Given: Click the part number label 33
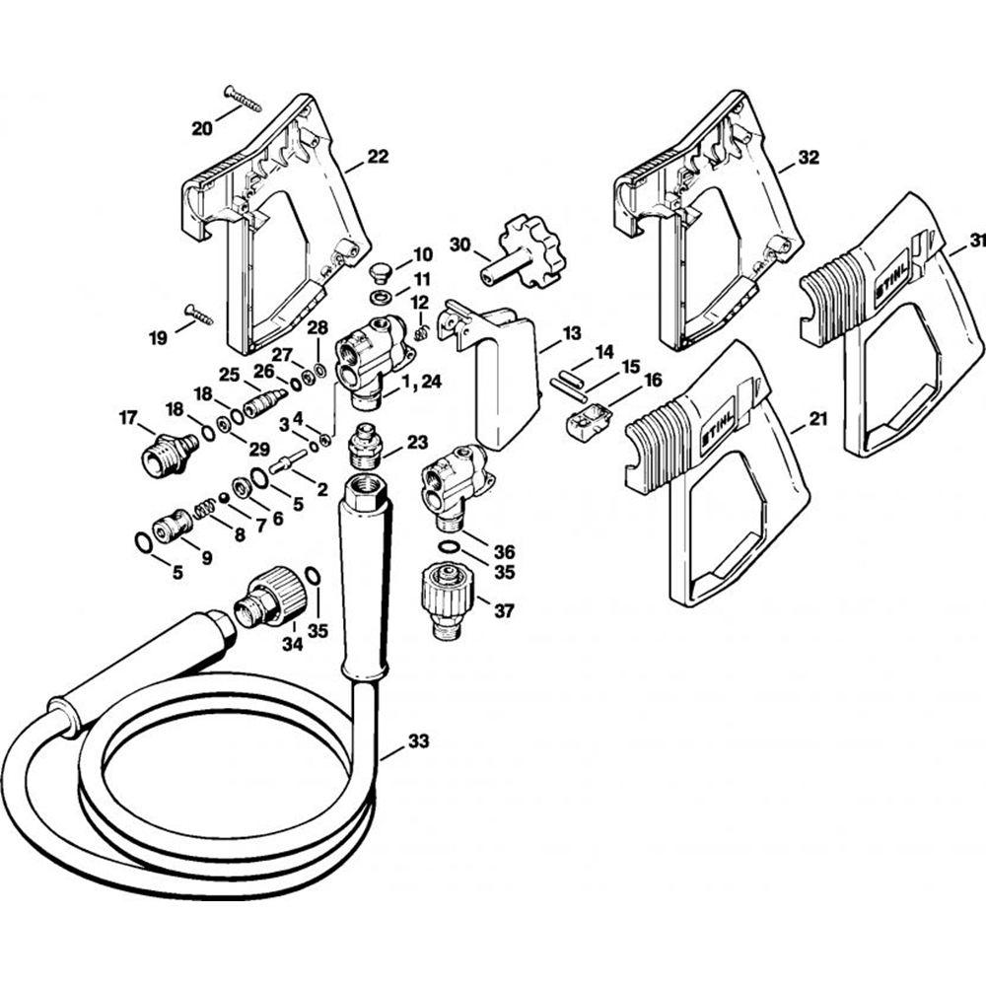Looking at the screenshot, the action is [419, 741].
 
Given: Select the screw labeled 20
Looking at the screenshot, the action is [243, 98].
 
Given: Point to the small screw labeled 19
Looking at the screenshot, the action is [199, 315].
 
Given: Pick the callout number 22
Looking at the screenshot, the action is [378, 156].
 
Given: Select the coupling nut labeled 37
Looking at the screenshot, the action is [447, 601].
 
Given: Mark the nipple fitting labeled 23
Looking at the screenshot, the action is [366, 446].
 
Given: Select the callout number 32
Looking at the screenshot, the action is [809, 157].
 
